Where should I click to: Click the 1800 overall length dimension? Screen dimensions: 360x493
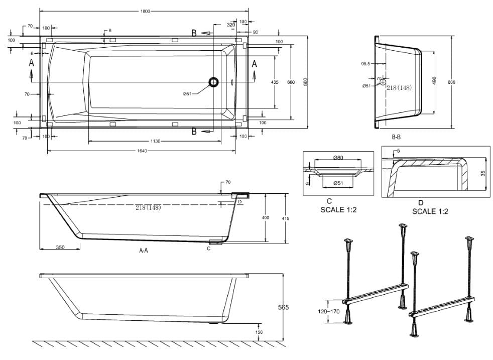144,11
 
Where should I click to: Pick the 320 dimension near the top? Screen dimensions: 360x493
230,24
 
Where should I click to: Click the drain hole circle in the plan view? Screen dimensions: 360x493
214,82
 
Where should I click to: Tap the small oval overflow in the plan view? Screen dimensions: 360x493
232,82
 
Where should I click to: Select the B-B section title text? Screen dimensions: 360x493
396,137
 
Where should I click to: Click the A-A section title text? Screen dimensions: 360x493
144,251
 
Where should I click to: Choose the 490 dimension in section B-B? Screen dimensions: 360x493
434,80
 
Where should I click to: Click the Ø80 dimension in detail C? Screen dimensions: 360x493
338,158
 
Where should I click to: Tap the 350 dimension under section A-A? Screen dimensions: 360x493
60,248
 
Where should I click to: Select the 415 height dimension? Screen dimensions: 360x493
285,218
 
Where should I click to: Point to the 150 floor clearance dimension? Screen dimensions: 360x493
259,332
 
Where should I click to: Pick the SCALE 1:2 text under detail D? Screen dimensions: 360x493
430,211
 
